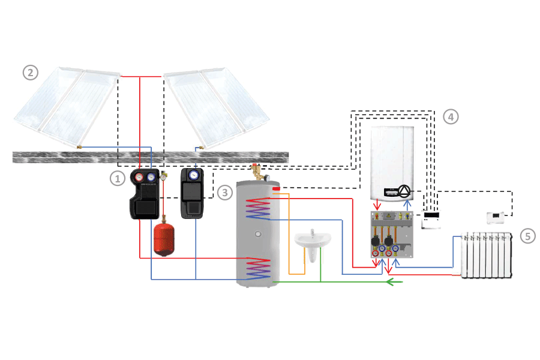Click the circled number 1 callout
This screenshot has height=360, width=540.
point(118,178)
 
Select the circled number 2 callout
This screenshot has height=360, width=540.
point(30,73)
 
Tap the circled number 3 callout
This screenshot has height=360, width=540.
point(224,192)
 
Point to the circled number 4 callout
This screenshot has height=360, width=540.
point(451,117)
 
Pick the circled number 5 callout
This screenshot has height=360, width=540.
point(528,236)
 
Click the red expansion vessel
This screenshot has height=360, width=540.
point(163,239)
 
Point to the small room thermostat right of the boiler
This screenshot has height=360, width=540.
point(497,217)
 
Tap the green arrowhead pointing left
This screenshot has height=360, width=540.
point(391,281)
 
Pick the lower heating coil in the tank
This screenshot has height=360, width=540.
point(257,268)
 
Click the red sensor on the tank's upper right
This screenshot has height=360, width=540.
point(276,189)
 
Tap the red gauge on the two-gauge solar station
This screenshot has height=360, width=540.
point(139,177)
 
